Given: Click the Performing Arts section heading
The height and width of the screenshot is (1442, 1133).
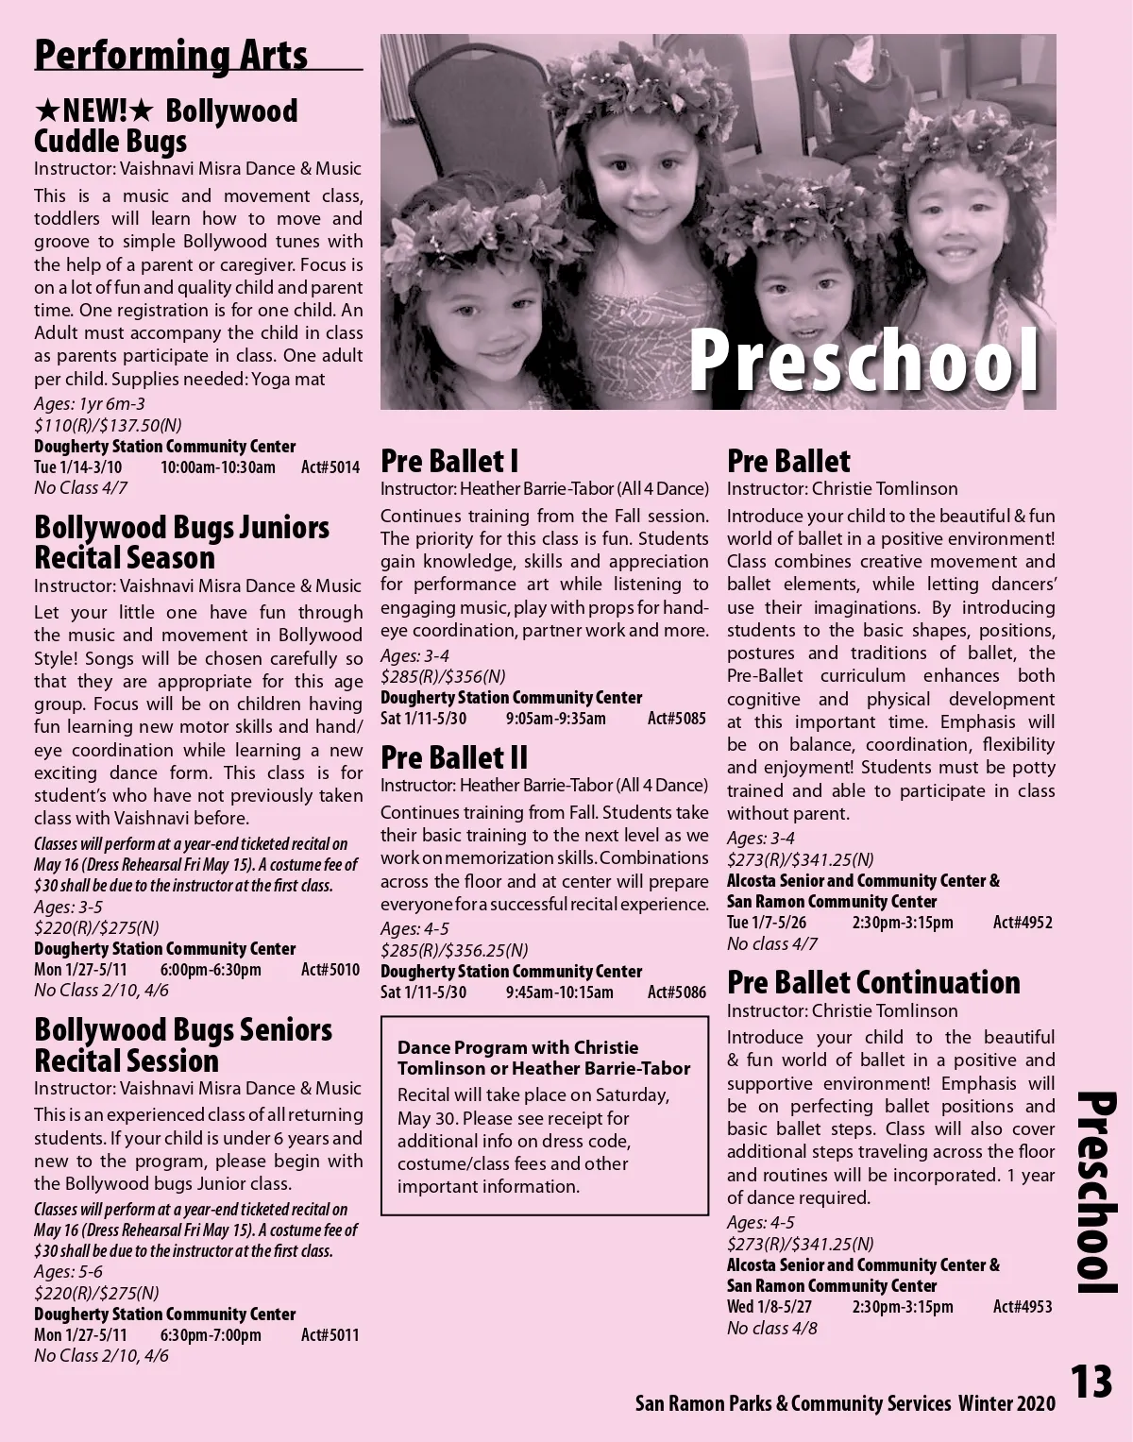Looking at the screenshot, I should pyautogui.click(x=171, y=55).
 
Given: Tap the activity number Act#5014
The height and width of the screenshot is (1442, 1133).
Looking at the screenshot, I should pyautogui.click(x=330, y=467).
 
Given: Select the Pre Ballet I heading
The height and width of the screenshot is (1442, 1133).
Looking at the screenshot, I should pyautogui.click(x=449, y=461).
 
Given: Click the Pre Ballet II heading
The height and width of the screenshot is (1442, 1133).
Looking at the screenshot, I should pyautogui.click(x=454, y=757).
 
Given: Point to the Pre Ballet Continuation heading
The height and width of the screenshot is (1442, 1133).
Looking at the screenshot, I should pyautogui.click(x=873, y=982).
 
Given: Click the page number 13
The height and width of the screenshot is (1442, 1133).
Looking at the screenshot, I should pyautogui.click(x=1091, y=1383).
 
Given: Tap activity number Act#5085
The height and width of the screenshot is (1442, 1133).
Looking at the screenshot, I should pyautogui.click(x=676, y=719).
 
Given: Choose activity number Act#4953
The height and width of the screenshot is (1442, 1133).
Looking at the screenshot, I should pyautogui.click(x=1023, y=1307).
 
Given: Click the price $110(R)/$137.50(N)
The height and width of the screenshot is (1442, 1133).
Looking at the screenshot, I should pyautogui.click(x=108, y=426).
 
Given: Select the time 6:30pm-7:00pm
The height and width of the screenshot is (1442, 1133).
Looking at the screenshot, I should pyautogui.click(x=211, y=1335).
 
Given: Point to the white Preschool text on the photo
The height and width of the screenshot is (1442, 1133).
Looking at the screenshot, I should pyautogui.click(x=864, y=361).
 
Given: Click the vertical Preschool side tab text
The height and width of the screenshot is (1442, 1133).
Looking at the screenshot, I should pyautogui.click(x=1097, y=1192).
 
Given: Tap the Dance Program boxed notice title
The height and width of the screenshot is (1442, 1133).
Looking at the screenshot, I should pyautogui.click(x=544, y=1058).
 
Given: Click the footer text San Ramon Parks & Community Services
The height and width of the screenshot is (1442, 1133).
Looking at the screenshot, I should pyautogui.click(x=793, y=1404).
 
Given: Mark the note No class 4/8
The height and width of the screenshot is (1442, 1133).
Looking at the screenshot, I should pyautogui.click(x=772, y=1329).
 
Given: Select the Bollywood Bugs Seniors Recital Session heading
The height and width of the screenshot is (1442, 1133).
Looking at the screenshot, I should pyautogui.click(x=183, y=1044).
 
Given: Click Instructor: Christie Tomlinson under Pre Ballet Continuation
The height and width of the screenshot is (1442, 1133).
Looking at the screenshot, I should pyautogui.click(x=842, y=1011).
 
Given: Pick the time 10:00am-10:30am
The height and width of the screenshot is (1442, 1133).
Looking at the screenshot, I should pyautogui.click(x=218, y=467).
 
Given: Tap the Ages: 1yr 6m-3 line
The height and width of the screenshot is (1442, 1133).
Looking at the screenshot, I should pyautogui.click(x=90, y=404).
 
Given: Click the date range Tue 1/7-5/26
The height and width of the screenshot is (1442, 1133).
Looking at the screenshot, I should pyautogui.click(x=767, y=923).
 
